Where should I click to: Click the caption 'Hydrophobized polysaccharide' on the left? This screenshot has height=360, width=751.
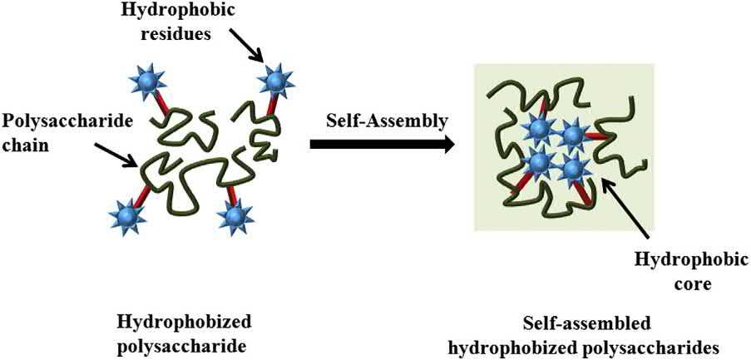point(185,331)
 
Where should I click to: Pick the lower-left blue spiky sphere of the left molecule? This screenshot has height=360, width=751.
point(128,216)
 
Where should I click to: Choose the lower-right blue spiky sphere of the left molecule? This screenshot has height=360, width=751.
point(235,216)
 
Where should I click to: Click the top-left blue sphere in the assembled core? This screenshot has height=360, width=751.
point(540,129)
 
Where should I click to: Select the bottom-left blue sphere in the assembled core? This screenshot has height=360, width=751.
point(540,162)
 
